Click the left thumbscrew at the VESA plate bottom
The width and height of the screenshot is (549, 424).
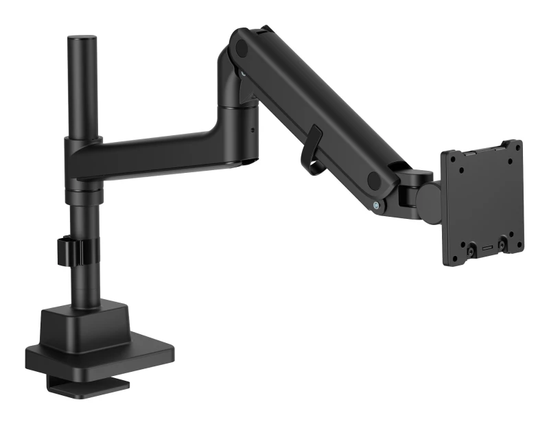[x=471, y=252]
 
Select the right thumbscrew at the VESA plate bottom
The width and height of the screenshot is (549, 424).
[x=502, y=243]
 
